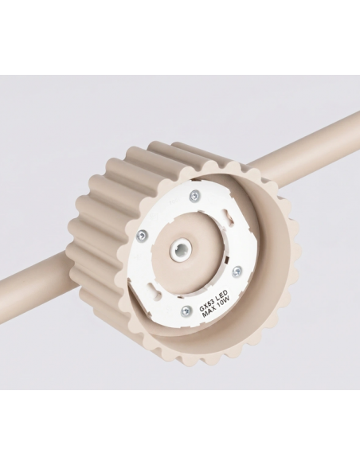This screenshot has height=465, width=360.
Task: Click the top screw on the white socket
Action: (x=194, y=196)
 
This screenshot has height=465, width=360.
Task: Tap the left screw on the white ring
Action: (x=142, y=236)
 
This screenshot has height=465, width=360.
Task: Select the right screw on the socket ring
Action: (x=237, y=272)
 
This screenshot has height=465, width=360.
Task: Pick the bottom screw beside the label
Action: (x=186, y=311)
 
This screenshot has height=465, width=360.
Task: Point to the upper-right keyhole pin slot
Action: (x=229, y=215)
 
